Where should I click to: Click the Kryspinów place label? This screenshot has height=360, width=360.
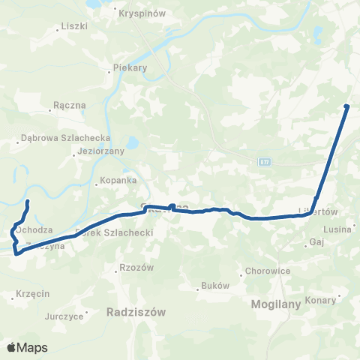click(137, 12)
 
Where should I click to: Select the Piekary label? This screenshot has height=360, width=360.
click(129, 67)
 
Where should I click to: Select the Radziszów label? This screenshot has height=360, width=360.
click(136, 310)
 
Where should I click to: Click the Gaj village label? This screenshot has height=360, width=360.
click(316, 243)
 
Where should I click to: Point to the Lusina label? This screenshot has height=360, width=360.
click(337, 229)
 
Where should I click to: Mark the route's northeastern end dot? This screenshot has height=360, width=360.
click(346, 106)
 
